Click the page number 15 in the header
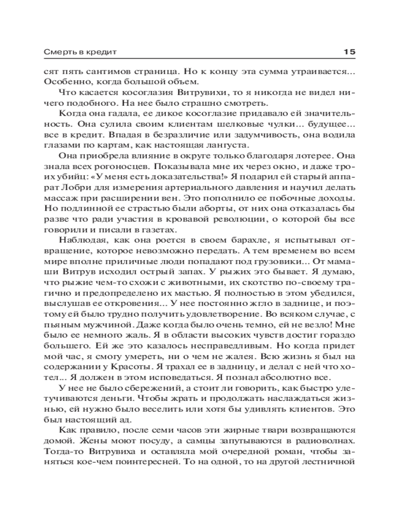point(349,52)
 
